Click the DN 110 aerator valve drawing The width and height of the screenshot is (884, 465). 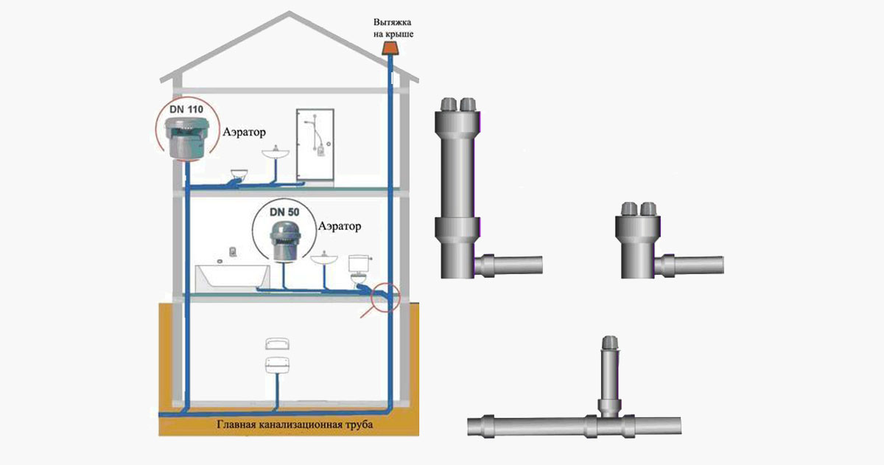click(187, 140)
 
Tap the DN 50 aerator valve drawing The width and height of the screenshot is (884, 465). click(283, 240)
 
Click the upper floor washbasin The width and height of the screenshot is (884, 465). click(274, 155)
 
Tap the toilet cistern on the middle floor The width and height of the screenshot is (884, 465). click(358, 264)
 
